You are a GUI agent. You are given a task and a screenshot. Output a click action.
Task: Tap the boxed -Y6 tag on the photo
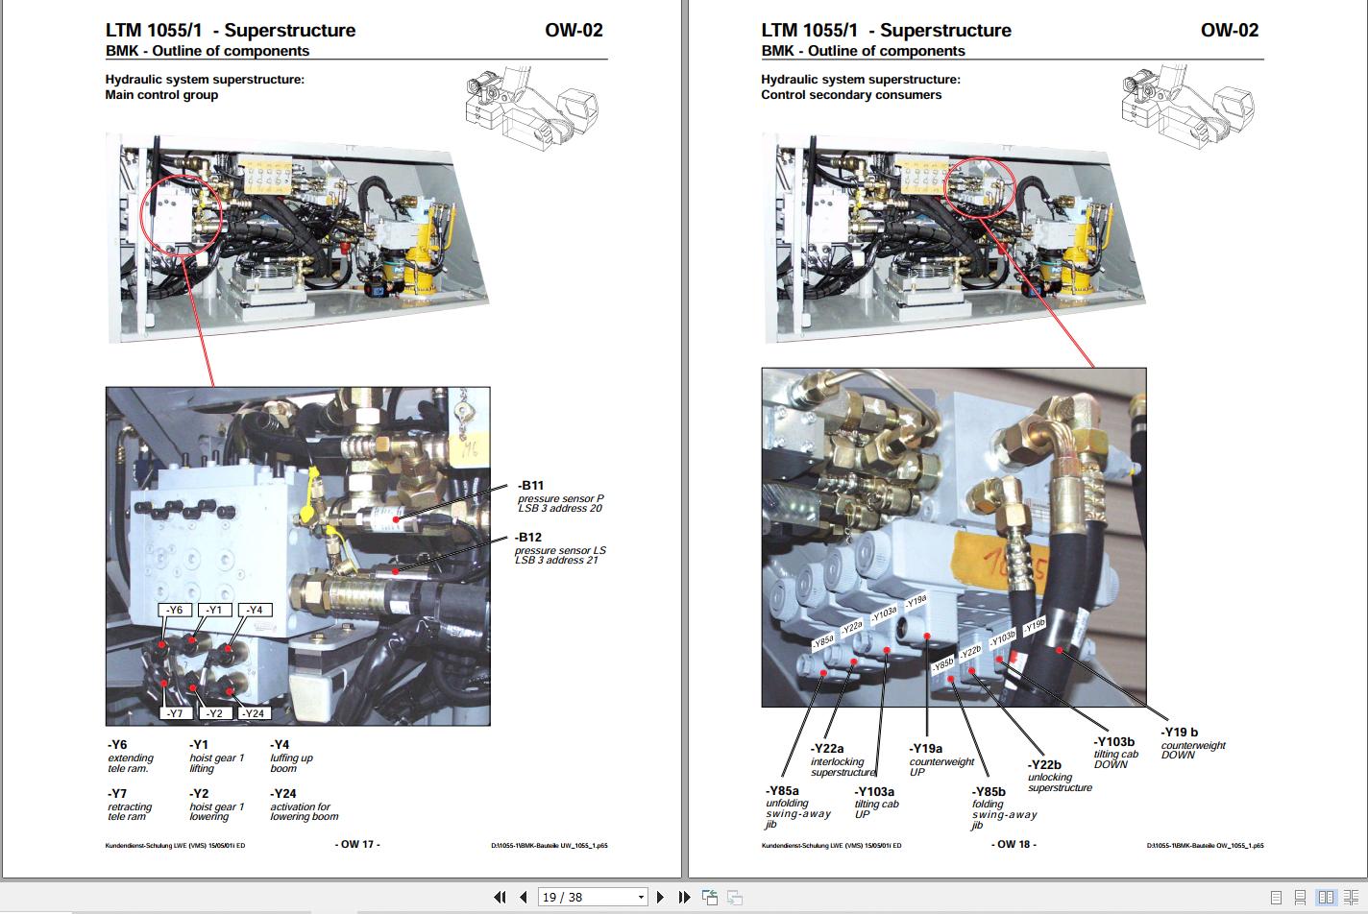175,610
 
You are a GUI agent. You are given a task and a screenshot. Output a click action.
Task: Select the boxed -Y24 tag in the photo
253,713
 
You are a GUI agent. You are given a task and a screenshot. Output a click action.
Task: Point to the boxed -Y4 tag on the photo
255,610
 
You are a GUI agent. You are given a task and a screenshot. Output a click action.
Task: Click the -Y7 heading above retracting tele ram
117,794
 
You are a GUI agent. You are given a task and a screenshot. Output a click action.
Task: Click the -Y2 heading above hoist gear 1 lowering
199,794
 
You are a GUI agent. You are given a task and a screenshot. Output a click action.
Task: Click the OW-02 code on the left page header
574,30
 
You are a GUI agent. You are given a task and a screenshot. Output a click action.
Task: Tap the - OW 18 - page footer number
1014,844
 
